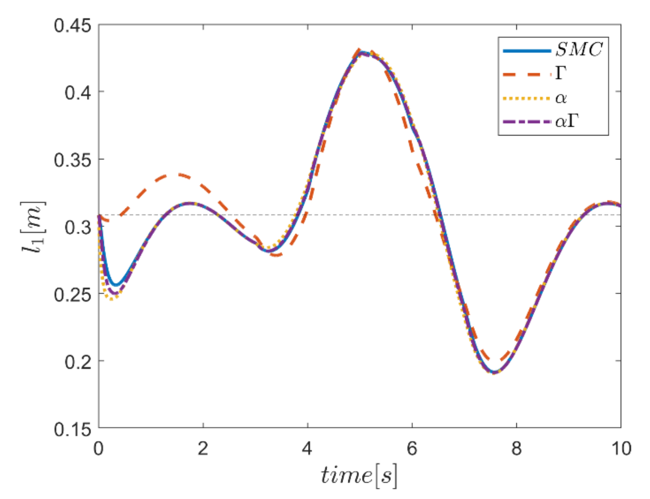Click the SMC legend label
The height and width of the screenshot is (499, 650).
579,50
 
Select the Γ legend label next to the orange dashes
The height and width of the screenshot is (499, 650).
561,74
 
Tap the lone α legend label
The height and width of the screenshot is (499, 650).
561,98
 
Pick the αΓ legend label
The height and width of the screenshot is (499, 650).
567,122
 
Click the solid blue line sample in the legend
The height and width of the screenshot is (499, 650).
527,51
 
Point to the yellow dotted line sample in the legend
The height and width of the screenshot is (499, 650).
527,98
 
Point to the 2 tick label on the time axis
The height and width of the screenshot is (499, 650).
203,449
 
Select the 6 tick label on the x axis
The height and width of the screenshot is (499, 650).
412,449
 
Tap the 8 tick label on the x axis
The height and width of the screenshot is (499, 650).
516,449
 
